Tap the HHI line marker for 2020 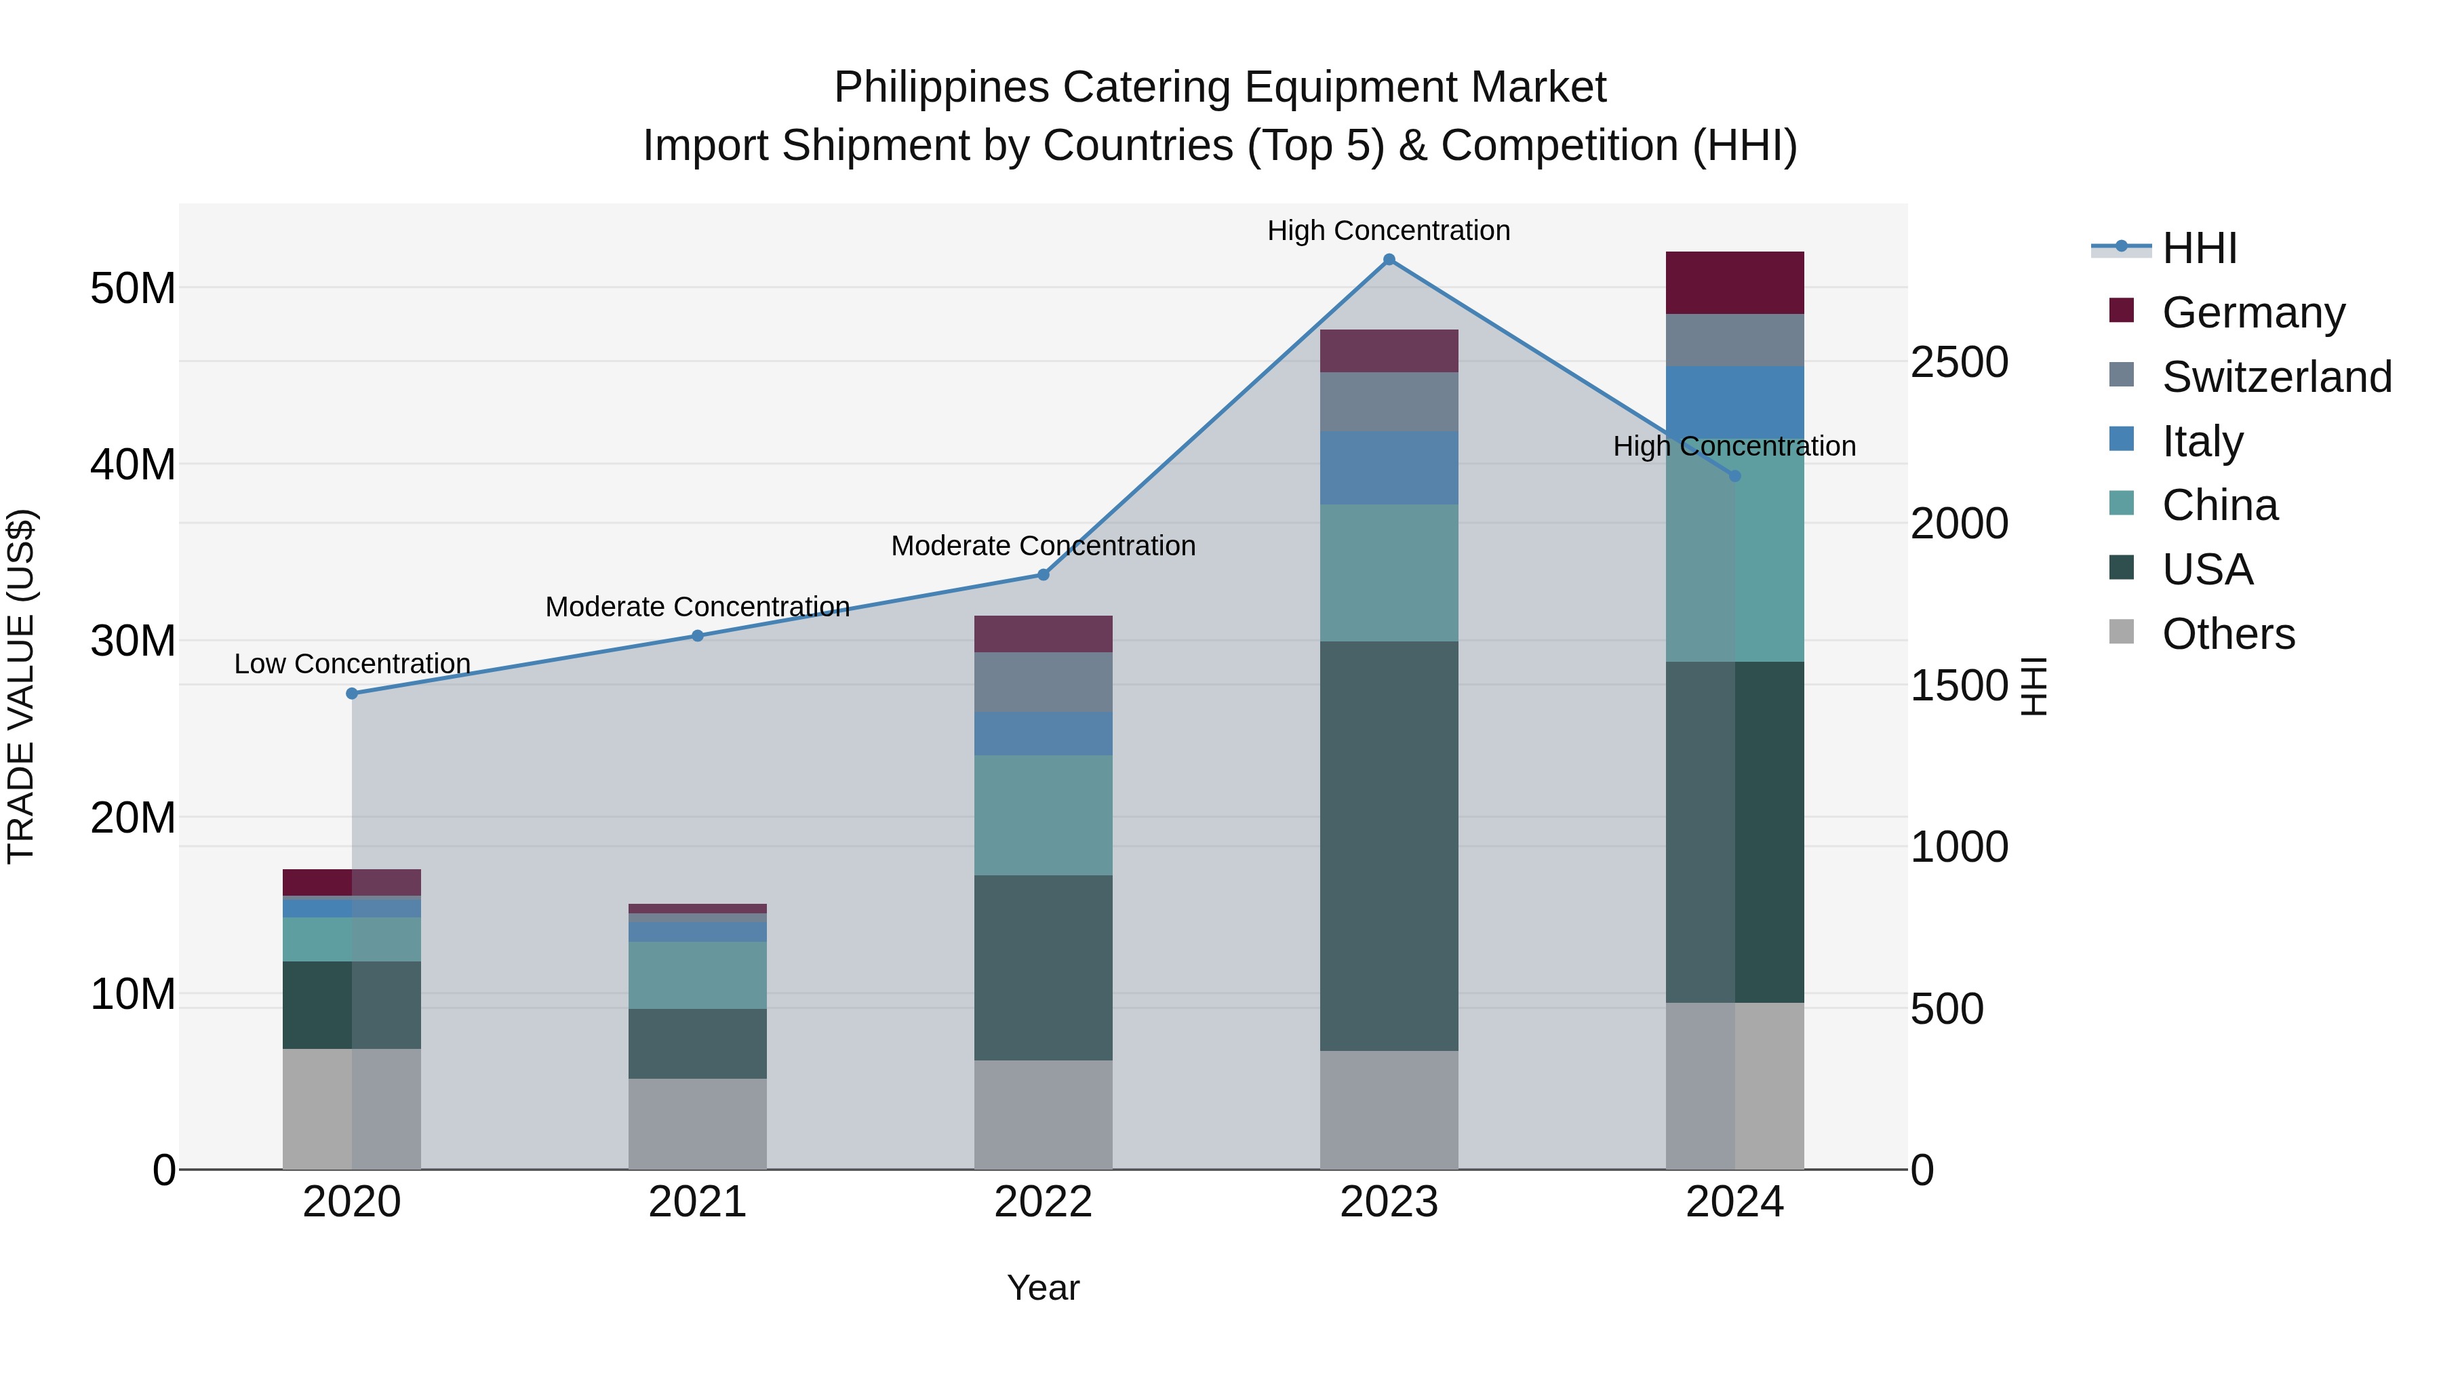pos(351,694)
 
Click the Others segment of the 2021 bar pos(698,1123)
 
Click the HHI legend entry pos(2198,248)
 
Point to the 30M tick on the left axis pos(133,641)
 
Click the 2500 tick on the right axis pos(1959,362)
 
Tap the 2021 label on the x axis pos(698,1202)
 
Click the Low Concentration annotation pos(351,663)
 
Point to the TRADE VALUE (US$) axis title pos(21,686)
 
